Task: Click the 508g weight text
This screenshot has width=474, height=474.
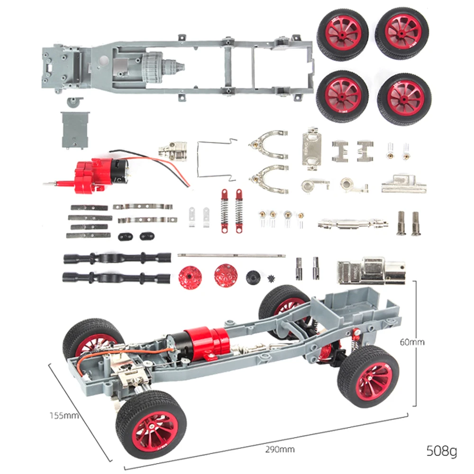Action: (x=442, y=450)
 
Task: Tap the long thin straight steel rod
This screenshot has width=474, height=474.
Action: (x=232, y=255)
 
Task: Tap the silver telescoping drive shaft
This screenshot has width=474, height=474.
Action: (x=350, y=222)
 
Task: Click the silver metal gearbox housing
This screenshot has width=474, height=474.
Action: (x=371, y=271)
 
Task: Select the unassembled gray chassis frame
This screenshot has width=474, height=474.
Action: (x=180, y=69)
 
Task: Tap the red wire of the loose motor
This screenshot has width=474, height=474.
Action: (x=166, y=166)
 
